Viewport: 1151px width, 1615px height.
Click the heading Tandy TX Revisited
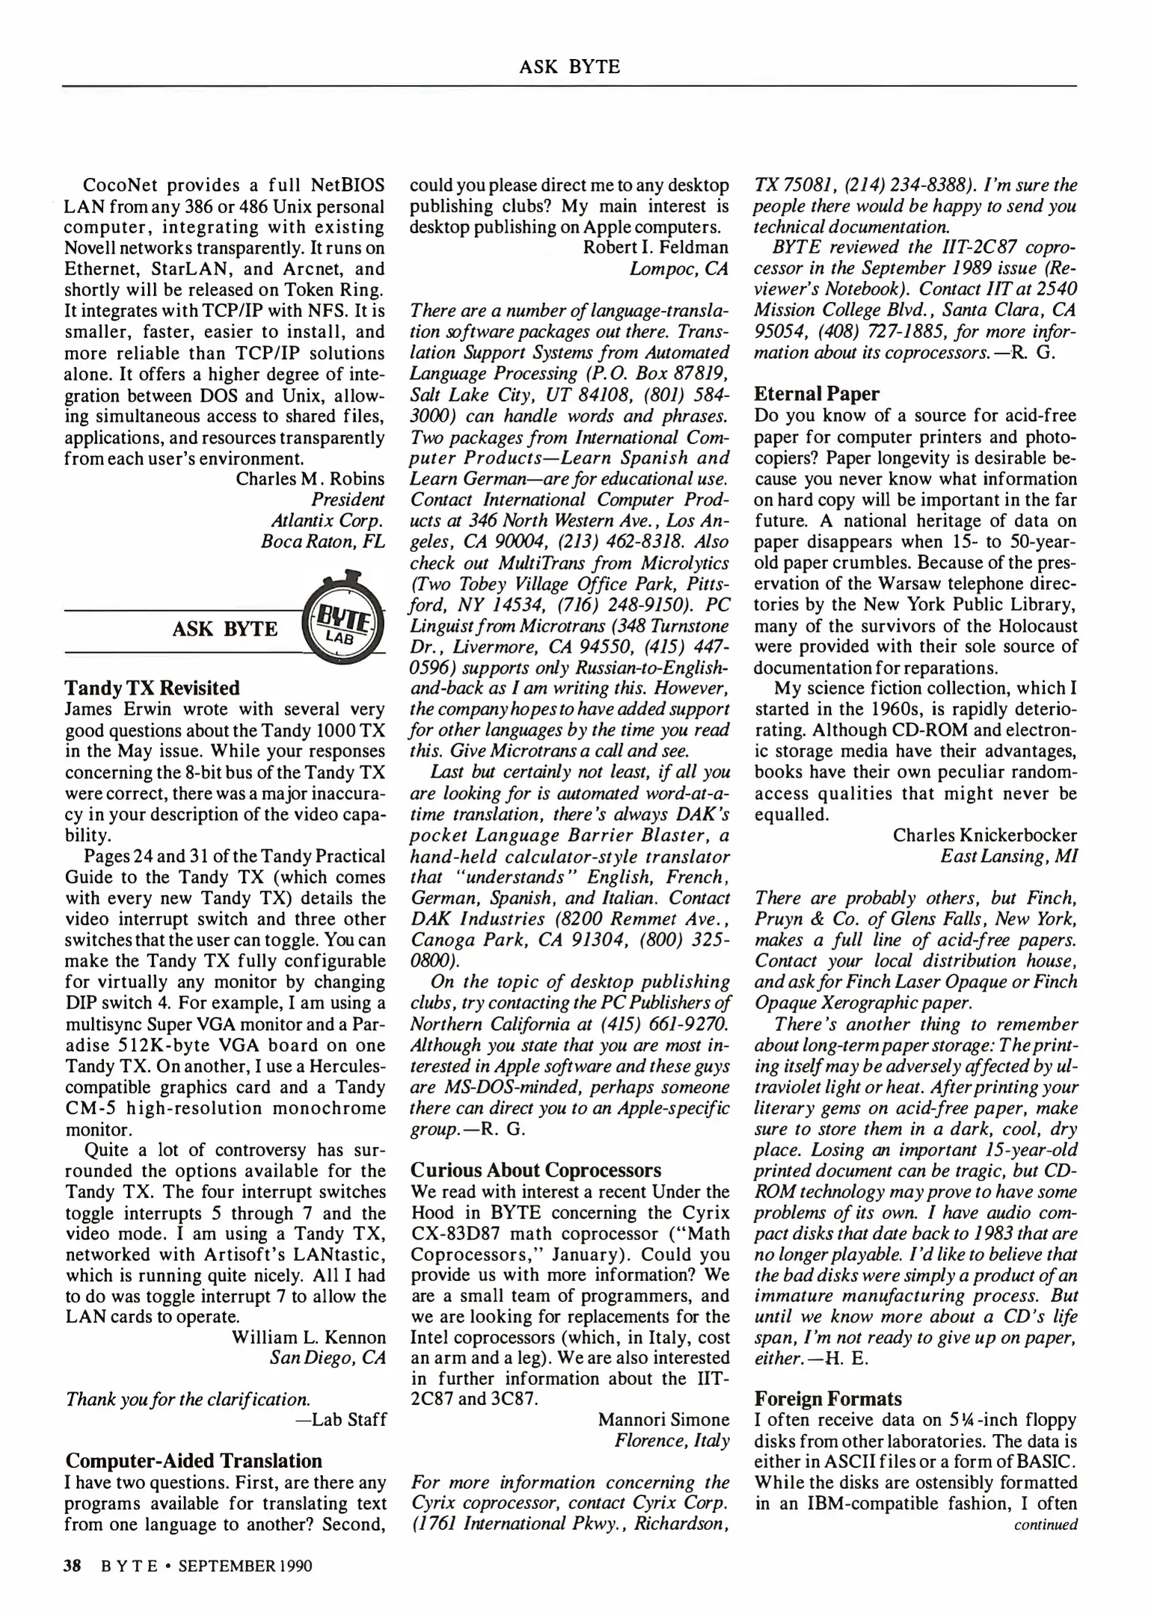(x=153, y=688)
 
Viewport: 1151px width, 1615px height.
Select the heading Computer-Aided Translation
(x=194, y=1460)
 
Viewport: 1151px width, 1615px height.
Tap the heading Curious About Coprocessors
(x=535, y=1169)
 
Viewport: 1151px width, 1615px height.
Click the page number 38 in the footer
(x=76, y=1565)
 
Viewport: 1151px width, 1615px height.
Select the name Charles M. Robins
(x=310, y=479)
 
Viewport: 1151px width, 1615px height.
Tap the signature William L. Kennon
(x=309, y=1337)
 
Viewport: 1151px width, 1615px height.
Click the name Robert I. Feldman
(x=655, y=247)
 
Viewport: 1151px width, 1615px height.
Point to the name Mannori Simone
(x=663, y=1419)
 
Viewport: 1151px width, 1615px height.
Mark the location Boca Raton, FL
(x=322, y=541)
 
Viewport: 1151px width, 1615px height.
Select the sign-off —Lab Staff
(x=341, y=1419)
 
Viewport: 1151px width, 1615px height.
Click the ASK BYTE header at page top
(x=569, y=67)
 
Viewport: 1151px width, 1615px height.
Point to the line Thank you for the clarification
(x=188, y=1398)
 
